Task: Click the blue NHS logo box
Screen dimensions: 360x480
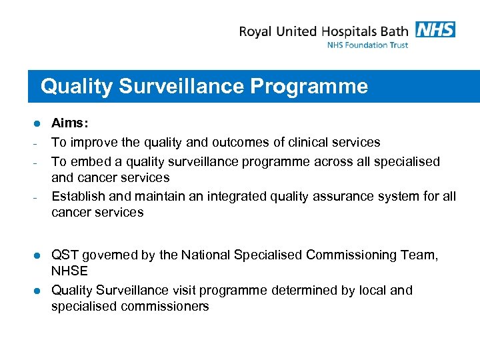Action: (x=435, y=29)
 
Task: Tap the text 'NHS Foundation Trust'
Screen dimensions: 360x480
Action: (x=367, y=45)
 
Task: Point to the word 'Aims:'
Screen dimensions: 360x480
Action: (x=70, y=124)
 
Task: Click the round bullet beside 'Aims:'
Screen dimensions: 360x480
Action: (x=38, y=124)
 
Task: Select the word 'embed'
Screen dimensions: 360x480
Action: (x=85, y=161)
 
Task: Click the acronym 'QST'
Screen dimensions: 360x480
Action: (x=65, y=255)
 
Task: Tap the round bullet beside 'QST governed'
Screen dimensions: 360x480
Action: (x=38, y=255)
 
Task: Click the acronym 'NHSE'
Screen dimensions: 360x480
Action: (x=70, y=271)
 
